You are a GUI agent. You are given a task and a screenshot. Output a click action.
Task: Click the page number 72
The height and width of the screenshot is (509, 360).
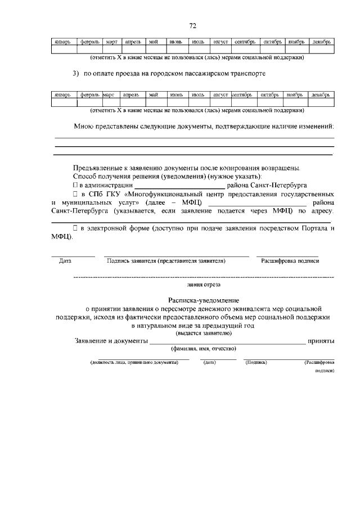(x=192, y=26)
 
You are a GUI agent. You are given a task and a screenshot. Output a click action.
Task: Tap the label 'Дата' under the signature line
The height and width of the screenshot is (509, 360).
(x=65, y=261)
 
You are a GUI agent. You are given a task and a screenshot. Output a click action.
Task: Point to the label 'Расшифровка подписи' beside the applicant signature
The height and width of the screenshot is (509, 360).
(x=289, y=261)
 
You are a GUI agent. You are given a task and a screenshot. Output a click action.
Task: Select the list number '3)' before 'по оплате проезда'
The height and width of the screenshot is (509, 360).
(x=76, y=74)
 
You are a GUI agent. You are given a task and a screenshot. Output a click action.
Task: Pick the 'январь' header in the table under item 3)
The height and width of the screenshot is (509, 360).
(x=64, y=95)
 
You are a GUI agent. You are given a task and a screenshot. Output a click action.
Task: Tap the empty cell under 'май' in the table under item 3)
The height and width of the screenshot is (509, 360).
(x=153, y=102)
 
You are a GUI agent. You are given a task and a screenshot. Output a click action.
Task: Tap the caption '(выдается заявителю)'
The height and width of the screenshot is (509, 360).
(x=195, y=333)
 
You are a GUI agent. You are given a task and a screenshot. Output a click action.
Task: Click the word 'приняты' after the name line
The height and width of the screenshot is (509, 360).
(x=321, y=341)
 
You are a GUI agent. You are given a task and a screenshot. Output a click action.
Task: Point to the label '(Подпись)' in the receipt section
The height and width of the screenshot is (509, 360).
(x=256, y=363)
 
